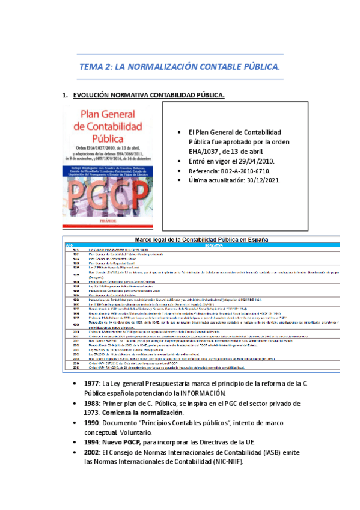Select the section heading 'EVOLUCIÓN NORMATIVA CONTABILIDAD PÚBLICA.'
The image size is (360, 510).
(x=148, y=95)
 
